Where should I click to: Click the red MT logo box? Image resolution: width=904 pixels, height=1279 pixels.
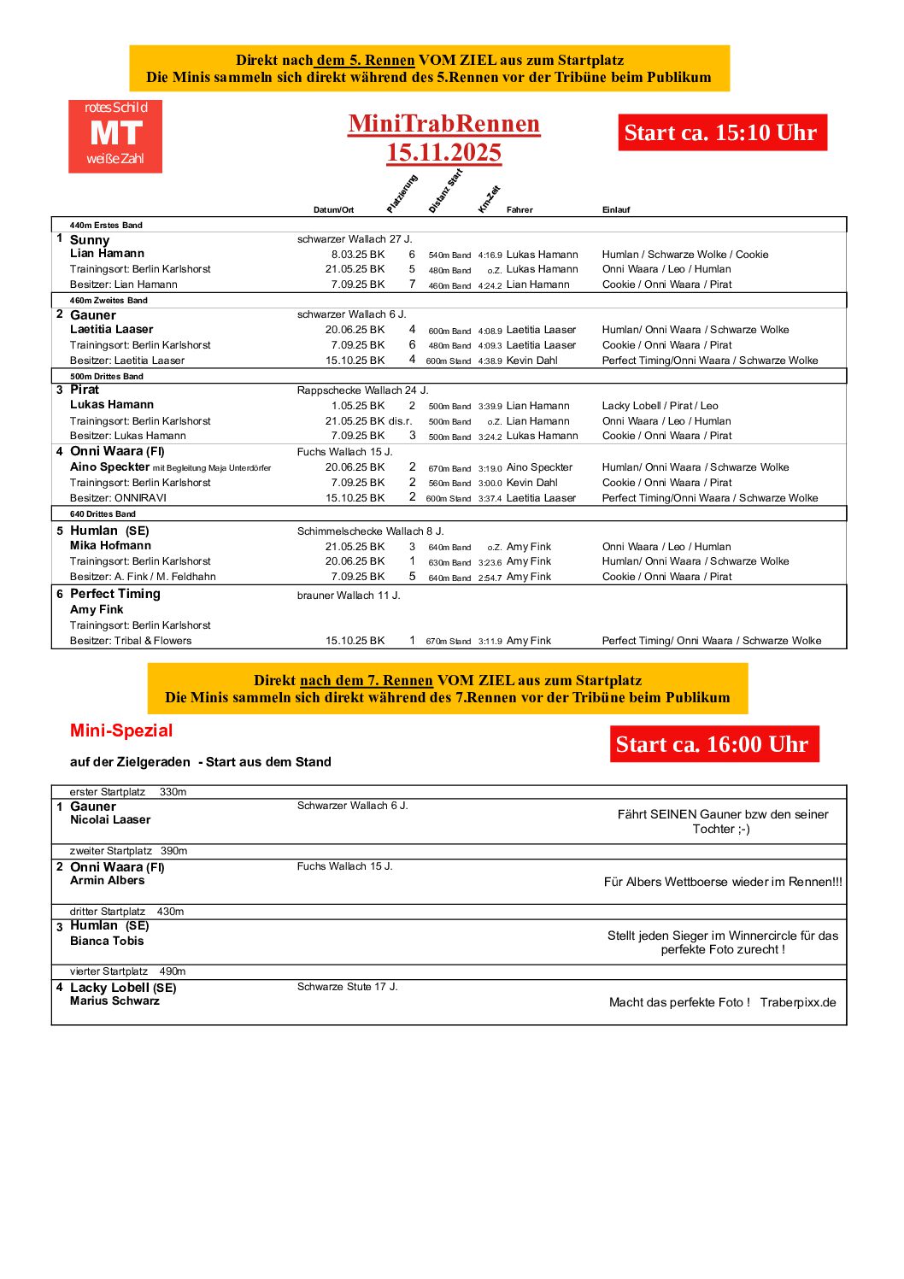(115, 137)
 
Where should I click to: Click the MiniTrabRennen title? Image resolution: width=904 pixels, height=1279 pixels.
(443, 124)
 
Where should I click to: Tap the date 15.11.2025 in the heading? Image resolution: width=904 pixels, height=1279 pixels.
(443, 153)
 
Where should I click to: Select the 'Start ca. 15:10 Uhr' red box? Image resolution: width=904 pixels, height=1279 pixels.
(722, 132)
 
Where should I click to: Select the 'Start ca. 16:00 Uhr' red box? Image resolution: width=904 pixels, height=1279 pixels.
(713, 744)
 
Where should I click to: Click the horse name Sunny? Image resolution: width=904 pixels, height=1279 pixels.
(90, 240)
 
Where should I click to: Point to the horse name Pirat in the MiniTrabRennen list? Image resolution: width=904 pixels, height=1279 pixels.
(85, 390)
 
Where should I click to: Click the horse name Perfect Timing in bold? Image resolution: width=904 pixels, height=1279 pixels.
(114, 594)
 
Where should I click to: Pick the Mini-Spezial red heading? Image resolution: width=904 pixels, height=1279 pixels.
(121, 730)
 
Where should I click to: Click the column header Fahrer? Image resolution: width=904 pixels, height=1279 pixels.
(520, 209)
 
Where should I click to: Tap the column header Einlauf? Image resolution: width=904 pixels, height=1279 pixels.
(616, 209)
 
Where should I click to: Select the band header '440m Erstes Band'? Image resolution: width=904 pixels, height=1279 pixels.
(106, 226)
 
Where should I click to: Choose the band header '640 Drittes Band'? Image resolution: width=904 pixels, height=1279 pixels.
(103, 514)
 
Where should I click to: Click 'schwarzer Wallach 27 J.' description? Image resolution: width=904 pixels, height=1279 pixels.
(355, 239)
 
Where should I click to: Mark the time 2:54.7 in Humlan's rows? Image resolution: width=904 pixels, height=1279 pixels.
(490, 578)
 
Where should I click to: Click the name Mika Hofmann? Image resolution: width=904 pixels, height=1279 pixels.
(110, 545)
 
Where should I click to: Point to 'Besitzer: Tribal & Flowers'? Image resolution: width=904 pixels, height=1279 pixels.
(131, 641)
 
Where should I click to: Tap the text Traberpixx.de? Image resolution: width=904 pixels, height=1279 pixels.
(798, 1002)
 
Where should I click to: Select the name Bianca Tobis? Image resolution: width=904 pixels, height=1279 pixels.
(107, 941)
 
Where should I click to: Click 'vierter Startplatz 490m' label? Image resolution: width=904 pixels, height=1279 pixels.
(127, 971)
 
